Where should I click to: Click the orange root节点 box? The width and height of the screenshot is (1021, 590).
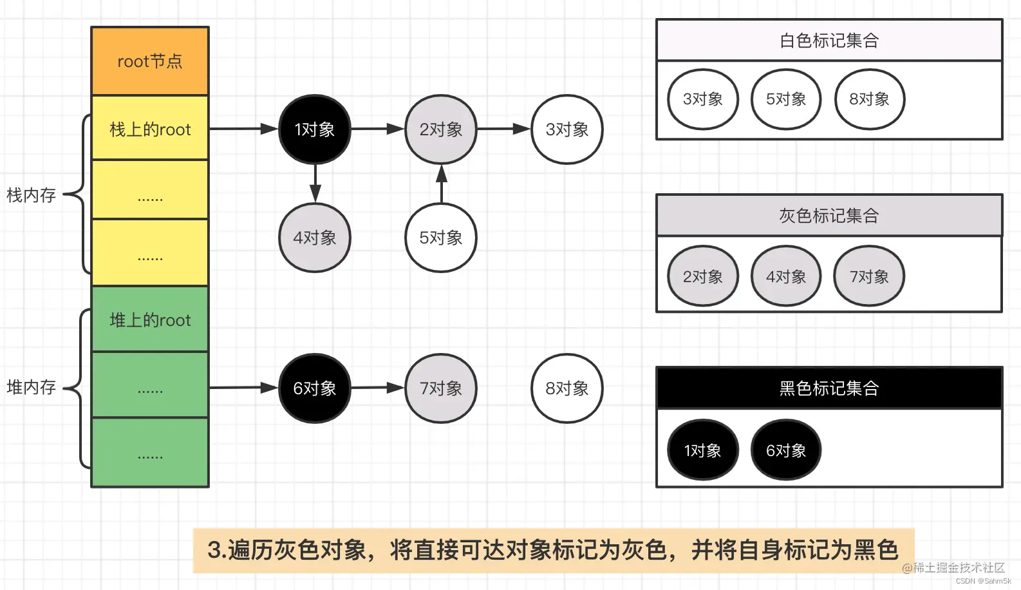pyautogui.click(x=150, y=61)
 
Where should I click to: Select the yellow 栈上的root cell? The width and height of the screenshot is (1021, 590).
pyautogui.click(x=150, y=129)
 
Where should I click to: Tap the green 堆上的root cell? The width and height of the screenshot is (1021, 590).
pyautogui.click(x=150, y=319)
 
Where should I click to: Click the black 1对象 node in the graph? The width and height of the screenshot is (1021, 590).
pyautogui.click(x=314, y=129)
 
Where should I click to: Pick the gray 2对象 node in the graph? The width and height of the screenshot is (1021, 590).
pyautogui.click(x=441, y=129)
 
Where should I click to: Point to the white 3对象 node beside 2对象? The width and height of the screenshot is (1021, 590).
pyautogui.click(x=567, y=129)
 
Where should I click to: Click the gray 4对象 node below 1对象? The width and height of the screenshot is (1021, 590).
pyautogui.click(x=314, y=238)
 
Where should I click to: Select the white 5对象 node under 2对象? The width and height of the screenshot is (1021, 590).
pyautogui.click(x=441, y=238)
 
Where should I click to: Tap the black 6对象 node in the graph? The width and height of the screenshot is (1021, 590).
pyautogui.click(x=314, y=388)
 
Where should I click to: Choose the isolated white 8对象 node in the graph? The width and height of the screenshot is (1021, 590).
pyautogui.click(x=567, y=388)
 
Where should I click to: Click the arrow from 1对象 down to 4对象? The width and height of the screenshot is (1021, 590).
pyautogui.click(x=315, y=183)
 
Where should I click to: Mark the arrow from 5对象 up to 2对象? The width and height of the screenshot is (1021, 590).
pyautogui.click(x=441, y=184)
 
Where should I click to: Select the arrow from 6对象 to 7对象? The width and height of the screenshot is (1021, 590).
pyautogui.click(x=377, y=388)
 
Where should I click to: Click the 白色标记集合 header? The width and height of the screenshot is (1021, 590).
pyautogui.click(x=829, y=41)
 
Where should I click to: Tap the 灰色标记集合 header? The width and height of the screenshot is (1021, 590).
pyautogui.click(x=829, y=215)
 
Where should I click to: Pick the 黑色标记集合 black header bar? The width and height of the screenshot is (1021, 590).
pyautogui.click(x=829, y=388)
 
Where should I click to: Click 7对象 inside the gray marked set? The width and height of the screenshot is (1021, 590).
pyautogui.click(x=869, y=276)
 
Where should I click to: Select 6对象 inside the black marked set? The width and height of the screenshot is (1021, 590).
pyautogui.click(x=785, y=450)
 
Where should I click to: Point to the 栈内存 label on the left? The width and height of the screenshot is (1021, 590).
pyautogui.click(x=31, y=195)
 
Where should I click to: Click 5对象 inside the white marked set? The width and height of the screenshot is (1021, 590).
pyautogui.click(x=785, y=99)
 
